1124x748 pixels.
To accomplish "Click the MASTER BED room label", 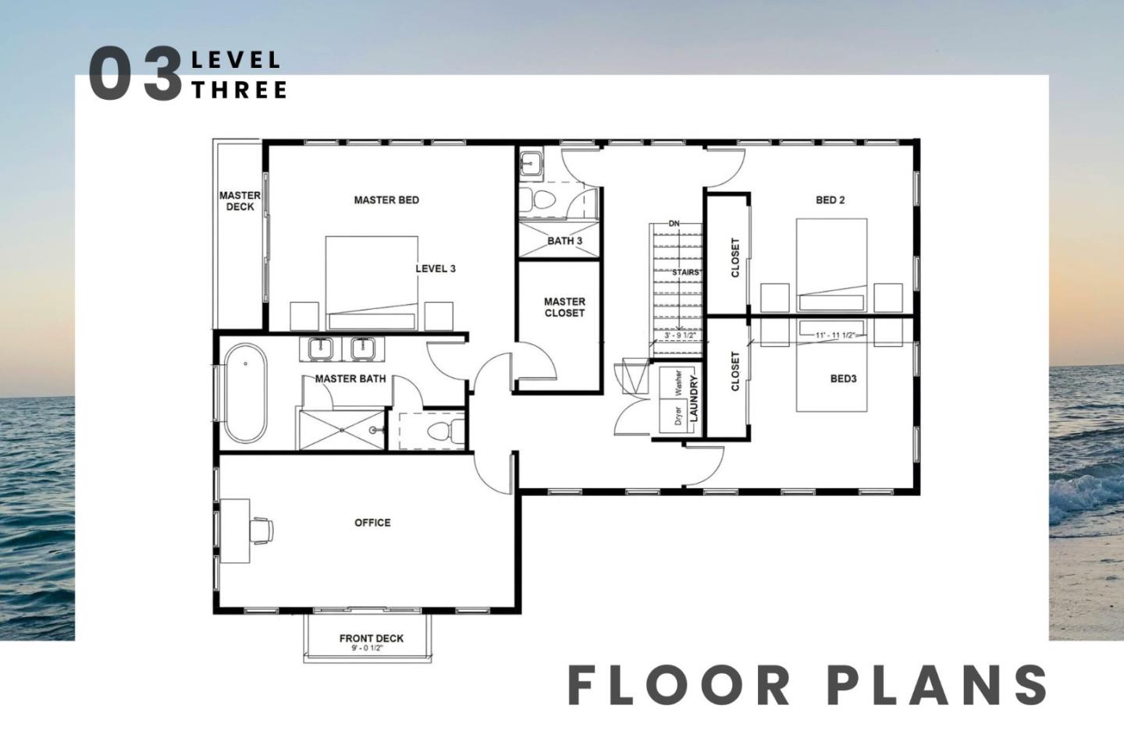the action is [x=386, y=200].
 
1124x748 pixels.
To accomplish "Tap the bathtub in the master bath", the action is [x=245, y=392].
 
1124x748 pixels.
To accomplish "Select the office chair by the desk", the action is [x=262, y=530].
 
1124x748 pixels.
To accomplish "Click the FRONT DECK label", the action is [x=372, y=638].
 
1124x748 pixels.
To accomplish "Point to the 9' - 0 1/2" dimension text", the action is [x=368, y=648].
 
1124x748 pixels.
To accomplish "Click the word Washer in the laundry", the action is [x=678, y=384].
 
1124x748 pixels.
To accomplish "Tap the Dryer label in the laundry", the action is [x=678, y=416].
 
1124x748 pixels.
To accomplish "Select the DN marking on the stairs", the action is [x=674, y=224].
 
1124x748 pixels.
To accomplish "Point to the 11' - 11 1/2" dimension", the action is [x=834, y=335].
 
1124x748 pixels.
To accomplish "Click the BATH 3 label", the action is [x=564, y=241].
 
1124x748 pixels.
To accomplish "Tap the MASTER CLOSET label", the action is [x=564, y=307].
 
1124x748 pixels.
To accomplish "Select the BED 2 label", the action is [x=830, y=200].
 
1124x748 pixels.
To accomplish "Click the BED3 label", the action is [x=843, y=379].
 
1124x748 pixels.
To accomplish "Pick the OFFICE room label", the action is [x=372, y=523].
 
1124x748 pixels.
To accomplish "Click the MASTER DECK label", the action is [x=240, y=201].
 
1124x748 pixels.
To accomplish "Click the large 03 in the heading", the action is [x=134, y=73].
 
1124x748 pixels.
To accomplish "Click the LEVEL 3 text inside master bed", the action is [x=436, y=269].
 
